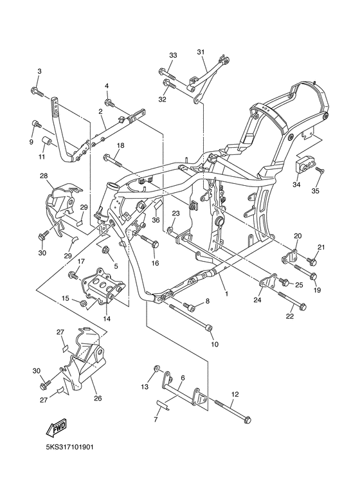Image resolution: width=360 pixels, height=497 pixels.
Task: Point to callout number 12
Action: [234, 394]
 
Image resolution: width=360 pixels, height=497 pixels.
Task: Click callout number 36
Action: [156, 219]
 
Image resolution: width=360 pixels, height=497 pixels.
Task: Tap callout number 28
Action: [44, 176]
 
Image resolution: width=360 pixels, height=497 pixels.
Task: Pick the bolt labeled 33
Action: [164, 72]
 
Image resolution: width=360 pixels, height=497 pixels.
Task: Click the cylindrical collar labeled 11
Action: [47, 141]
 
